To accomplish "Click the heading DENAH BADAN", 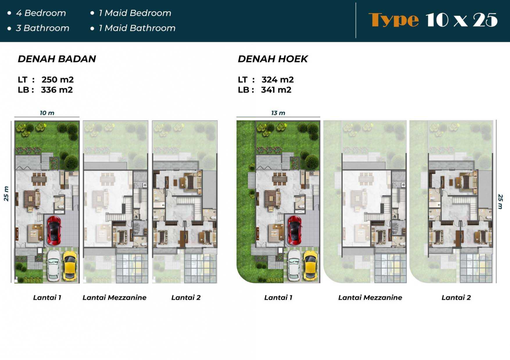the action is tap(57, 59).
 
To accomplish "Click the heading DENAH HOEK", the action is tap(273, 59).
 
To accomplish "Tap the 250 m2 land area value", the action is tap(58, 80).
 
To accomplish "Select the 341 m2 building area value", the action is tap(276, 90).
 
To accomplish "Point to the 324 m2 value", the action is tap(278, 80).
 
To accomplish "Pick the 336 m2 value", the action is tap(57, 90).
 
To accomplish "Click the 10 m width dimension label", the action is tap(47, 113).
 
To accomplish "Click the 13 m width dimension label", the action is tap(278, 113).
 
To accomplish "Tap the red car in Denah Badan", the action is tap(54, 231).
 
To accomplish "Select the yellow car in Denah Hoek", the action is tap(310, 265).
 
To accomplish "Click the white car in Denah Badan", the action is tap(53, 265).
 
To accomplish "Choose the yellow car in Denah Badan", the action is tap(70, 265).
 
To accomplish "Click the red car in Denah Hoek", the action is tap(295, 231).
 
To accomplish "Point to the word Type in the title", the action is tap(393, 20).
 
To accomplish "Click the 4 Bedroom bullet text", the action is tap(41, 13).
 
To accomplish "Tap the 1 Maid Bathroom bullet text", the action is tap(137, 28).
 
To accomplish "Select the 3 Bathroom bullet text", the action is tap(43, 28).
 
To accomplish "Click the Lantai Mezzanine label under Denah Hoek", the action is tap(370, 298).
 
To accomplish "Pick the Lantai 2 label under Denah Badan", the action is tap(186, 298).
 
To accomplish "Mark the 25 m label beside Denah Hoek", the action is tap(500, 201).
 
